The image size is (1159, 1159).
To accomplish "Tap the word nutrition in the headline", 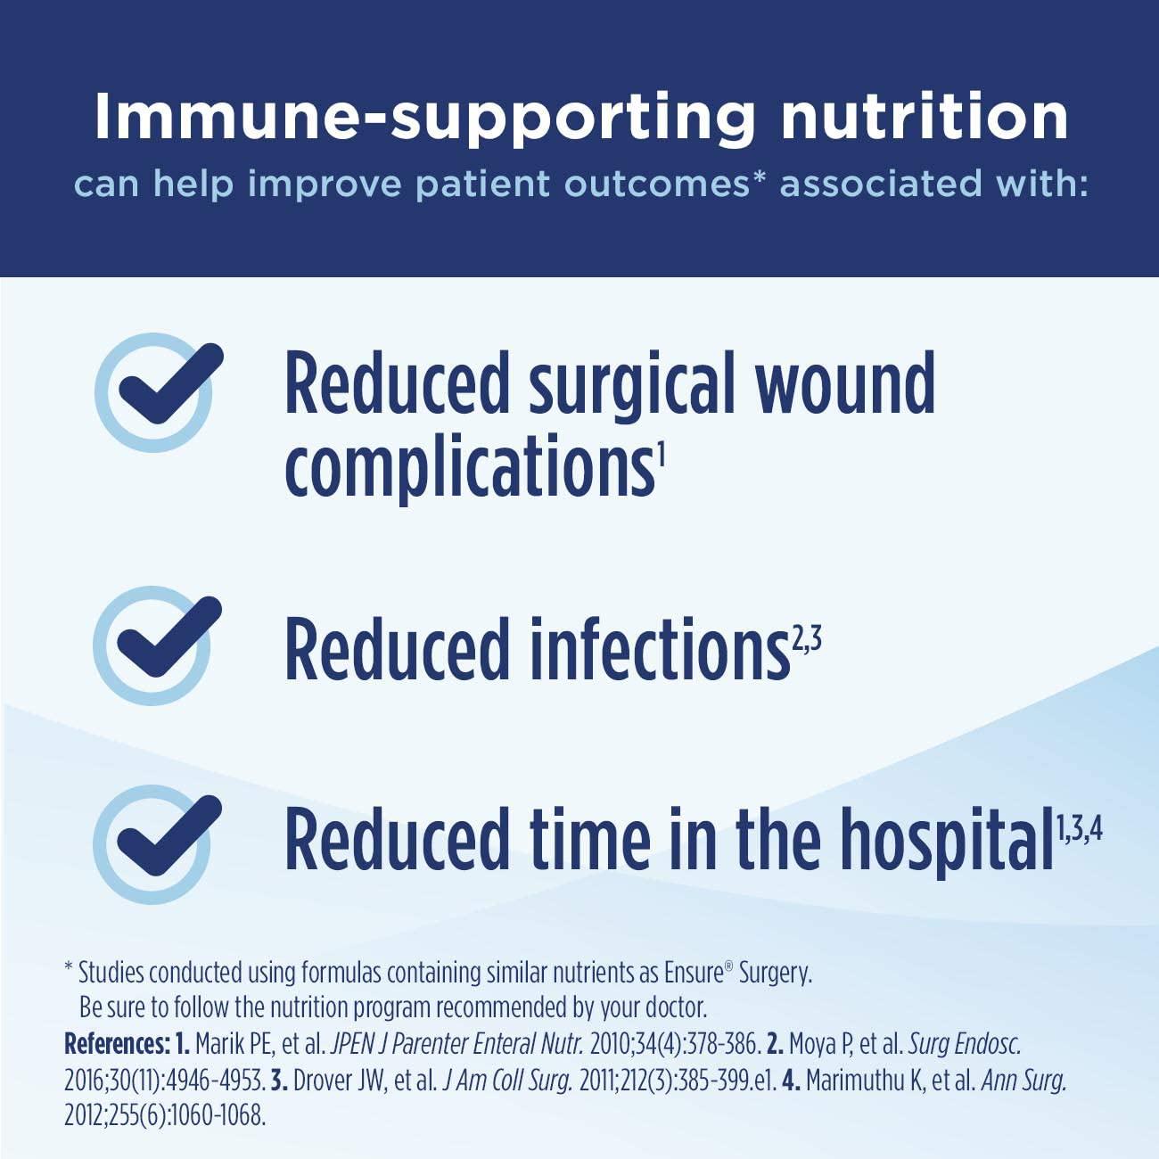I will coord(924,116).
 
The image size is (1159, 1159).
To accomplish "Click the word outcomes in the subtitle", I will coord(655,185).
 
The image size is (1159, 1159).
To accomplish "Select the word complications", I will coord(469,468).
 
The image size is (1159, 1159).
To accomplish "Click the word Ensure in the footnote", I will coord(699,973).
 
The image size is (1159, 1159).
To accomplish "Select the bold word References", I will coord(116,1044).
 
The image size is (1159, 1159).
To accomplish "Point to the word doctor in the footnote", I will coord(678,1008).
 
